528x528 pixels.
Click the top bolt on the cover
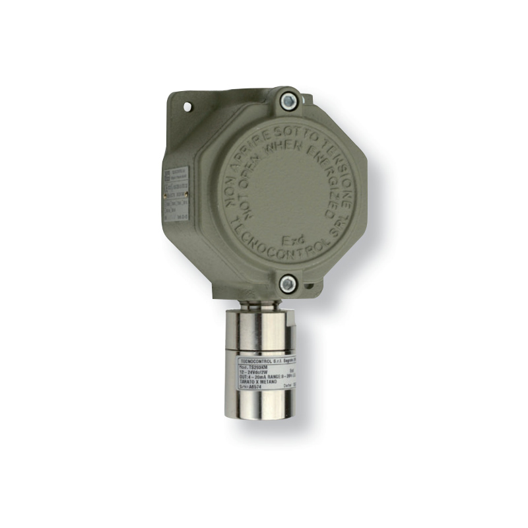[288, 102]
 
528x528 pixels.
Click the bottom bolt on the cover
[287, 284]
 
